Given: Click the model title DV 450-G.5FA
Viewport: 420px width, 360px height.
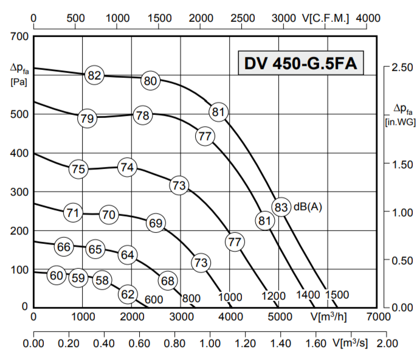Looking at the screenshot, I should [300, 64].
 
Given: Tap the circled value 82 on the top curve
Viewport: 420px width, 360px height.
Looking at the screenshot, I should [94, 75].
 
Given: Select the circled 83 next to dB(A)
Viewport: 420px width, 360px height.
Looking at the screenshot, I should [281, 206].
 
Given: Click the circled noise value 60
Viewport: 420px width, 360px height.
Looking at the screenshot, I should [56, 275].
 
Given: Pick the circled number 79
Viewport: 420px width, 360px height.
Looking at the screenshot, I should [87, 117].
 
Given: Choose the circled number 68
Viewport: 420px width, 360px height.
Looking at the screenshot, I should [168, 281].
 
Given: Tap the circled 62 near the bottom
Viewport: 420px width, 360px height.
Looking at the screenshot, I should [127, 294].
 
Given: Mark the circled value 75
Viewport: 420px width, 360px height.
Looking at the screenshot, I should [78, 169].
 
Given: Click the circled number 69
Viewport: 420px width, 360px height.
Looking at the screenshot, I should [156, 223].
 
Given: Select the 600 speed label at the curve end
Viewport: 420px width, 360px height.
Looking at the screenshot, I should [154, 299].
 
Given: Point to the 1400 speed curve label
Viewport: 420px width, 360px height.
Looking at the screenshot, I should [308, 296].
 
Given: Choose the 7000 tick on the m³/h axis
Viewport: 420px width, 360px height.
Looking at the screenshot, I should [378, 317].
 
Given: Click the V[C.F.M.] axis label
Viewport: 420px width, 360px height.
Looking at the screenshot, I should [326, 18].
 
